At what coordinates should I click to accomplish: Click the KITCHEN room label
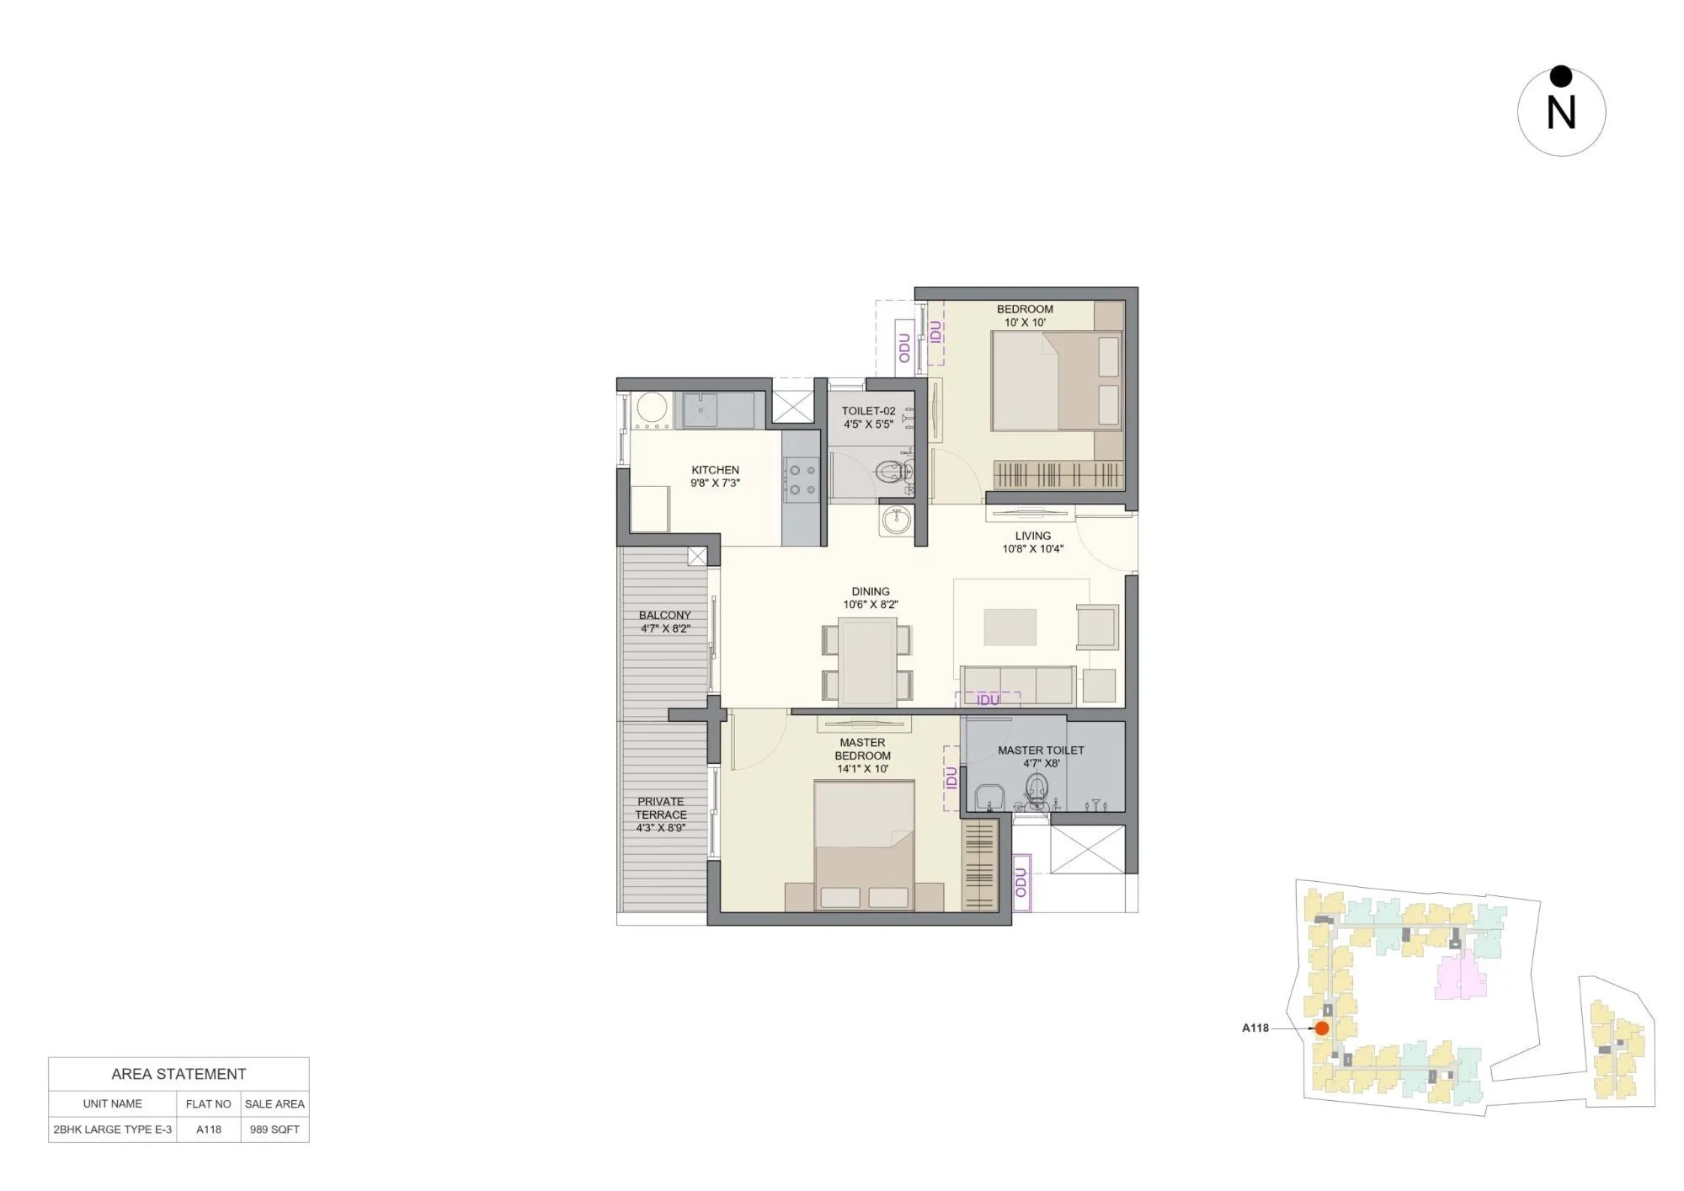[x=715, y=470]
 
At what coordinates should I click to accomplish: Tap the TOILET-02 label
[x=868, y=411]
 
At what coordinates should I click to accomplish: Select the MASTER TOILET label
[x=1041, y=750]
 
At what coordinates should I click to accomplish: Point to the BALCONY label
[x=664, y=616]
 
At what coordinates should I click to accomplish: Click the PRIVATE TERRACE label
[x=661, y=809]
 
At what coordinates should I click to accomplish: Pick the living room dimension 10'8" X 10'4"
[x=1032, y=549]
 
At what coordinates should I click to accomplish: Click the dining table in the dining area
[x=867, y=661]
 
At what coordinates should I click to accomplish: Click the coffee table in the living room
[x=1010, y=627]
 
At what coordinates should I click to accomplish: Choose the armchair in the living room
[x=1097, y=628]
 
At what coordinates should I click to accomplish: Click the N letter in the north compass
[x=1561, y=113]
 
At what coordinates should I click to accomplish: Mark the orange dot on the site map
[x=1322, y=1028]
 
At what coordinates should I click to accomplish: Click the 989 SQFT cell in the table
[x=274, y=1130]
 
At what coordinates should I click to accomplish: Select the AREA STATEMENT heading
[x=179, y=1074]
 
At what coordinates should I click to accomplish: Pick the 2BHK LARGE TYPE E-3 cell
[x=113, y=1130]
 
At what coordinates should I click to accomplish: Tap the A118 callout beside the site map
[x=1255, y=1028]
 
